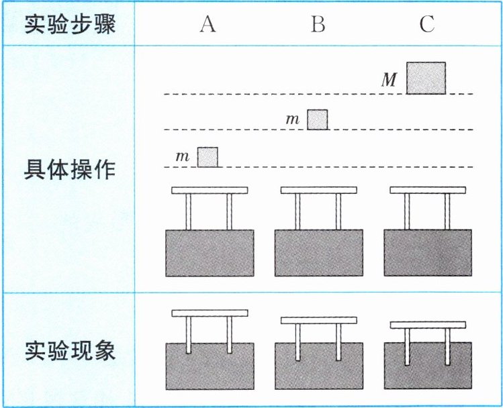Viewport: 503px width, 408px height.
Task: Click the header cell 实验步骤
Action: [x=70, y=25]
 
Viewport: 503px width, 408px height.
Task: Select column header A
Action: [x=208, y=25]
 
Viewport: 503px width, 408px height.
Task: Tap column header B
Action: [x=318, y=25]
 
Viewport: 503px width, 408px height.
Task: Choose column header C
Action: [x=427, y=25]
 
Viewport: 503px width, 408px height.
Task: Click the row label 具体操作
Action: [x=70, y=169]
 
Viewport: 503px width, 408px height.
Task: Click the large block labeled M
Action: [x=426, y=78]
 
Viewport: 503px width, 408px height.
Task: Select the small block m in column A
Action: [x=208, y=156]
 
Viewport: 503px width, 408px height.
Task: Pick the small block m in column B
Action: [x=318, y=119]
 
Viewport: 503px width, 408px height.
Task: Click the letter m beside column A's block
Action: [x=182, y=156]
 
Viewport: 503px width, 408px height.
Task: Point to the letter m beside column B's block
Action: [x=292, y=119]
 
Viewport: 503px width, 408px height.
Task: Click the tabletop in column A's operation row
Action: [x=210, y=191]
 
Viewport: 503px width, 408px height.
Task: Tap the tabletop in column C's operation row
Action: [x=428, y=191]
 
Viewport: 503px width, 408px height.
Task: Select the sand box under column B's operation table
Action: [x=318, y=253]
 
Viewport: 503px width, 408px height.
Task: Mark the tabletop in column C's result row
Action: [x=428, y=325]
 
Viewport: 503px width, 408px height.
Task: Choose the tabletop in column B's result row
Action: [x=318, y=320]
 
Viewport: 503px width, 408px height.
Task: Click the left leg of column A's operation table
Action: [x=189, y=211]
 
